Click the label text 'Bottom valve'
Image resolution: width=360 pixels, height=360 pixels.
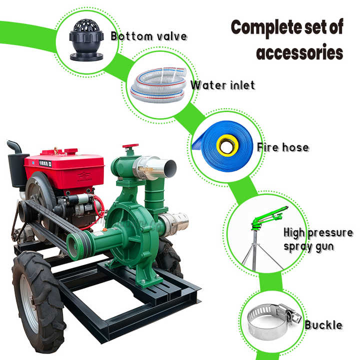(148, 36)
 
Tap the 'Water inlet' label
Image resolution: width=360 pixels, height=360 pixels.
(222, 85)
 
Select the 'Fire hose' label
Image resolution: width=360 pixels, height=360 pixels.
(282, 147)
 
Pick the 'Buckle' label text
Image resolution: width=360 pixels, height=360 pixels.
(323, 325)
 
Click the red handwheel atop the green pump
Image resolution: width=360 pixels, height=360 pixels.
(131, 148)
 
